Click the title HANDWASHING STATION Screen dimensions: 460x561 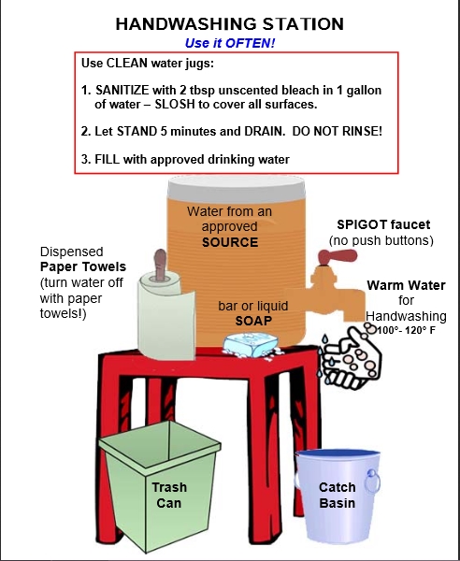coord(230,24)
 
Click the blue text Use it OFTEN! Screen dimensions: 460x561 coord(230,43)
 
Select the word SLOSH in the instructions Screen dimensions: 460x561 coord(175,105)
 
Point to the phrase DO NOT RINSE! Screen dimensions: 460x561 coord(338,131)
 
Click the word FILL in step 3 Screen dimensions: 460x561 coord(107,159)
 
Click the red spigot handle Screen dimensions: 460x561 coord(338,256)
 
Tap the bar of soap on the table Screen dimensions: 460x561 coord(252,345)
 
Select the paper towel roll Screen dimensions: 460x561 coord(166,315)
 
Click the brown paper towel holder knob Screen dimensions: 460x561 coord(160,264)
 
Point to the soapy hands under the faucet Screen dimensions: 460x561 coord(350,358)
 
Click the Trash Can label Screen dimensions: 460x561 coord(169,496)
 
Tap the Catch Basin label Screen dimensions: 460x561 coord(337,496)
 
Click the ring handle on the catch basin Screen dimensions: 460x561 coord(372,482)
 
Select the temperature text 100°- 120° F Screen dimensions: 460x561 coord(407,330)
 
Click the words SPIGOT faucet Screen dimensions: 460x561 coord(383,224)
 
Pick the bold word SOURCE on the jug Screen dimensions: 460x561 coord(230,242)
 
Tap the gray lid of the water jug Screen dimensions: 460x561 coord(237,189)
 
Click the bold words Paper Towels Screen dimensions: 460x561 coord(83,266)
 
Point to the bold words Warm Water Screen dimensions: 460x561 coord(406,285)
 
